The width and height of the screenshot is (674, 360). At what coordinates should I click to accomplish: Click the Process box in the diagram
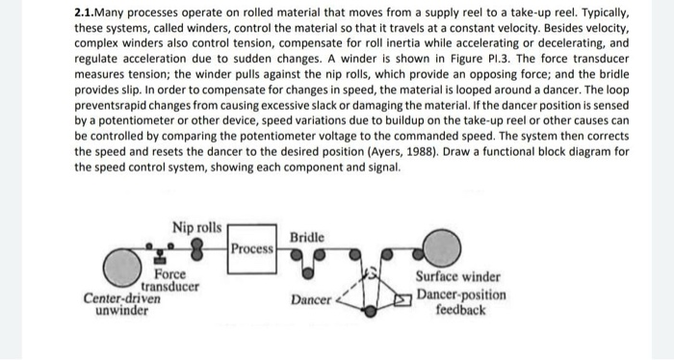point(251,247)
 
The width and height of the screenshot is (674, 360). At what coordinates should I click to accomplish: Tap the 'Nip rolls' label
point(196,227)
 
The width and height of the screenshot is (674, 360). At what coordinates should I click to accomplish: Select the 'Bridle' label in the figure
point(307,236)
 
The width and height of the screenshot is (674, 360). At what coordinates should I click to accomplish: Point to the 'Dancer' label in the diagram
point(310,300)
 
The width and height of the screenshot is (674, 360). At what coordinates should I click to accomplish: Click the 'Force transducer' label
point(171,280)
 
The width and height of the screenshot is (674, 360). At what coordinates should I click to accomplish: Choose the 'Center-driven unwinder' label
point(121,304)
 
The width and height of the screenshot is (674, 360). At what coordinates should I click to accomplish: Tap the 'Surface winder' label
point(457,274)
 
